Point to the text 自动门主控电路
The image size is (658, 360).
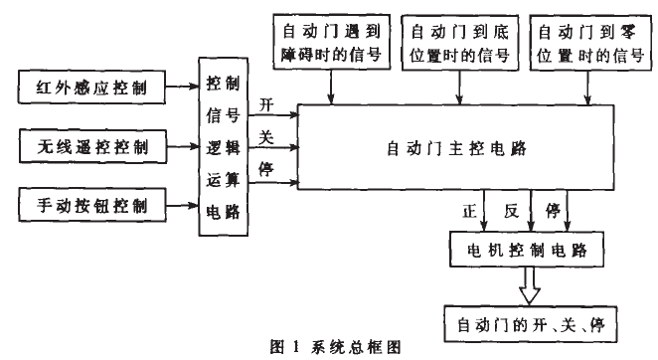(x=450, y=150)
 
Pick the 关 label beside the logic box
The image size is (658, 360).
(x=265, y=138)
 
